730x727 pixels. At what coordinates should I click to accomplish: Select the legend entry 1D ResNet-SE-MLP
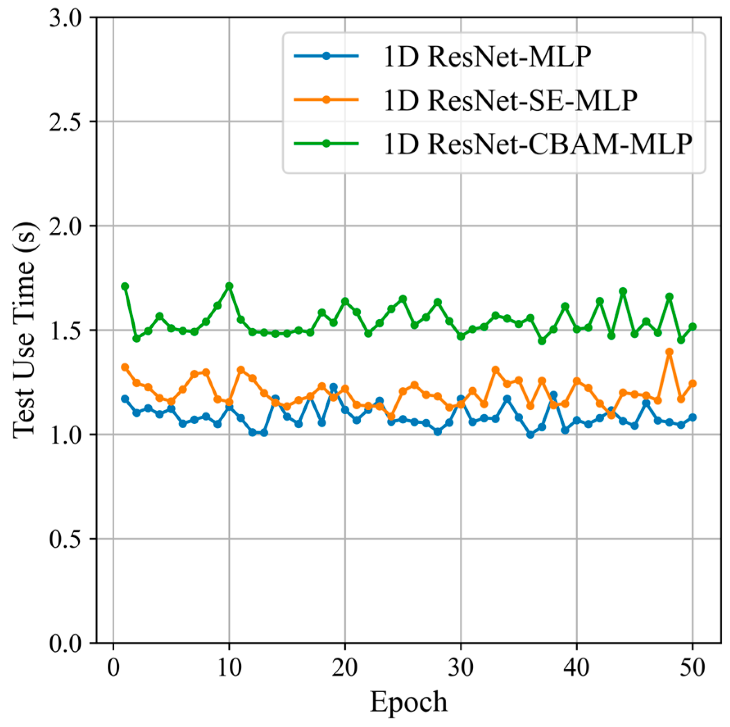click(x=510, y=100)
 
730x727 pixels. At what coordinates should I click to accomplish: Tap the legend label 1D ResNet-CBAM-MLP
click(x=538, y=144)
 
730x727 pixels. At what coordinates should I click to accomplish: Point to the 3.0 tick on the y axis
click(x=66, y=18)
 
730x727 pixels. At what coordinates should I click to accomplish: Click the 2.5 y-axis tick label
click(x=66, y=122)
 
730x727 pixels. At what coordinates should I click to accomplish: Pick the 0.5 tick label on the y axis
click(x=66, y=539)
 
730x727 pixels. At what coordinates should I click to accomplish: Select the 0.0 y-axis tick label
click(x=66, y=643)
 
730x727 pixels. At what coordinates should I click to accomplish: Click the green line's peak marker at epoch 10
click(x=229, y=286)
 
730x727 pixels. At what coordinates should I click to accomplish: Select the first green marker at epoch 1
click(x=125, y=286)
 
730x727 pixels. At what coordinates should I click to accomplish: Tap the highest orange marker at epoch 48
click(x=669, y=352)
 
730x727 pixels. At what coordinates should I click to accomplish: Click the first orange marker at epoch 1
click(x=125, y=367)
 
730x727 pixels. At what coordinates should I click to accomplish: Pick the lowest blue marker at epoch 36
click(x=530, y=434)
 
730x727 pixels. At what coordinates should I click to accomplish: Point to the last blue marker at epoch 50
click(x=692, y=418)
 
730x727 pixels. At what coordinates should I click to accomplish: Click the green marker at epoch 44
click(x=623, y=291)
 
